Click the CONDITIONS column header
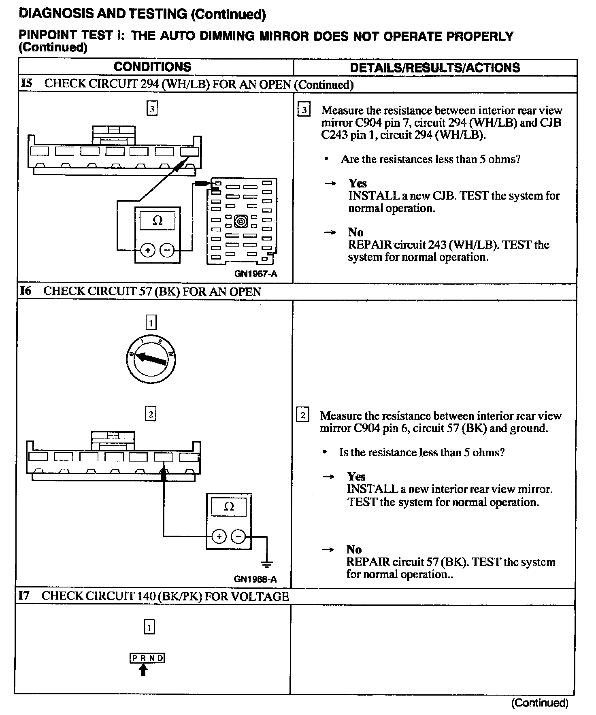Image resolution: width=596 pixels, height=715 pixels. (x=152, y=67)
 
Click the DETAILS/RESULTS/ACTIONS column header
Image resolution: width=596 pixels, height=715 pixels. (x=435, y=68)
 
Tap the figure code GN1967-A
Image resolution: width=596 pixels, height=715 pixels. (x=256, y=274)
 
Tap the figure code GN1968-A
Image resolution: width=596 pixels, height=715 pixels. (x=255, y=579)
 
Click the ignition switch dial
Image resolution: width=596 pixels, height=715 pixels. (x=151, y=358)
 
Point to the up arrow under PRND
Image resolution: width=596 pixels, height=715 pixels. (x=143, y=670)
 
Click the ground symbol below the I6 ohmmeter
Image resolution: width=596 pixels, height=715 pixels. (x=267, y=564)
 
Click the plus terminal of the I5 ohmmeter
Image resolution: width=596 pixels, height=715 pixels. (x=148, y=250)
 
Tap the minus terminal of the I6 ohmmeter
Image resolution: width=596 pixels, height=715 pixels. (x=238, y=537)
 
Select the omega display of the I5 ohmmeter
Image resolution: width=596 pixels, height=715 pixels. (x=158, y=221)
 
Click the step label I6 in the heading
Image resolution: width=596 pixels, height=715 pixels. (x=25, y=291)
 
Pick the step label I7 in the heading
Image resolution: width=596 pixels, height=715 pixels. (x=24, y=596)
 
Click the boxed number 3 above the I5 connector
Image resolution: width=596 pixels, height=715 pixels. (x=152, y=109)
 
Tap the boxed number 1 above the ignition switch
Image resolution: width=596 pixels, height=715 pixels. (x=151, y=323)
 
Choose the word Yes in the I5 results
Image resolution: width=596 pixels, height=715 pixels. (x=358, y=183)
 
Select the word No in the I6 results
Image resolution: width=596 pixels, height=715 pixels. (x=353, y=549)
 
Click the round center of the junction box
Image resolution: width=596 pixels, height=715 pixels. (x=241, y=221)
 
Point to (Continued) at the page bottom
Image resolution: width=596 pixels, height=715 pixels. (x=540, y=703)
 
